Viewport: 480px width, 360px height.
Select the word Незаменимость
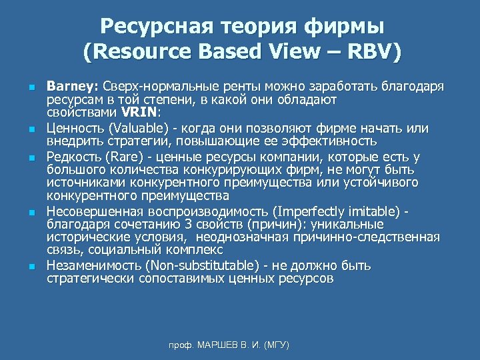click(91, 266)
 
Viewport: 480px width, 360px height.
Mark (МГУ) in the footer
click(277, 345)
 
